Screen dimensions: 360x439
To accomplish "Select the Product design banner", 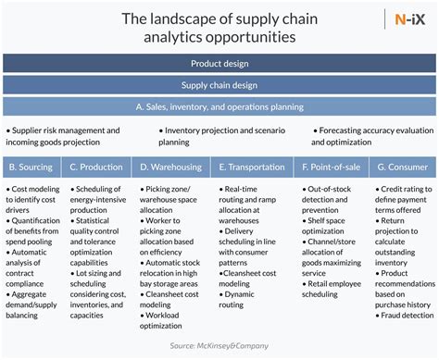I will pyautogui.click(x=219, y=64).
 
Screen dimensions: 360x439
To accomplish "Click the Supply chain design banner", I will pyautogui.click(x=219, y=85).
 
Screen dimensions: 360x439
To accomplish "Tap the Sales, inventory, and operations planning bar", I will pyautogui.click(x=219, y=106).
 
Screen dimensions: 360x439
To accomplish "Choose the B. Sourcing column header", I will pyautogui.click(x=31, y=168).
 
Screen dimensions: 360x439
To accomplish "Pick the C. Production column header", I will pyautogui.click(x=95, y=168).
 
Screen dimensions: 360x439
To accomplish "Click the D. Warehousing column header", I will pyautogui.click(x=169, y=168).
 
